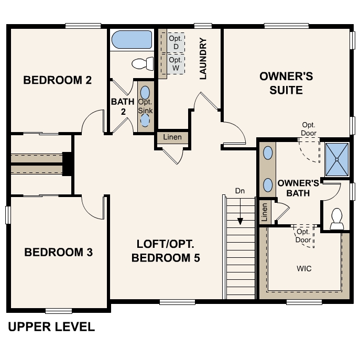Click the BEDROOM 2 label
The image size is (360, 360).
pyautogui.click(x=58, y=80)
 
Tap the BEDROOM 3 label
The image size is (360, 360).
pyautogui.click(x=59, y=252)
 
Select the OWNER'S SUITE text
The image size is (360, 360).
pyautogui.click(x=286, y=83)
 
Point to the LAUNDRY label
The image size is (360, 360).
pyautogui.click(x=203, y=58)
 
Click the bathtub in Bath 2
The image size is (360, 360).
pyautogui.click(x=132, y=40)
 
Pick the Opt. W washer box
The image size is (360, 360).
pyautogui.click(x=176, y=64)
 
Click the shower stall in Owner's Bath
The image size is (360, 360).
pyautogui.click(x=336, y=159)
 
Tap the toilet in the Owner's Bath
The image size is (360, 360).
pyautogui.click(x=336, y=219)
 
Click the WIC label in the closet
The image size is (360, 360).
pyautogui.click(x=304, y=269)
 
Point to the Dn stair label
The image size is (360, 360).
pyautogui.click(x=240, y=191)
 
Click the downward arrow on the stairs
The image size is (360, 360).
pyautogui.click(x=240, y=215)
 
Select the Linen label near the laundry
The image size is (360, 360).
pyautogui.click(x=172, y=137)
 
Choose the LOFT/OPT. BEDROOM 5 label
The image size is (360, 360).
pyautogui.click(x=166, y=250)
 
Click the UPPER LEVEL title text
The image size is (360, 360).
pyautogui.click(x=51, y=327)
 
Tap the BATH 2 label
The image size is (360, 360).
pyautogui.click(x=123, y=106)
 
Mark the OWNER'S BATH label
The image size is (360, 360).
pyautogui.click(x=298, y=188)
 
